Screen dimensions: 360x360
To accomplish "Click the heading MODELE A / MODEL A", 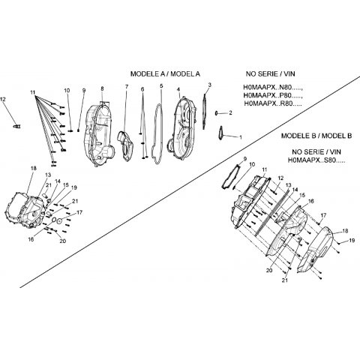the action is [x=165, y=74].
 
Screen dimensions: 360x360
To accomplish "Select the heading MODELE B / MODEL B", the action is [x=316, y=136].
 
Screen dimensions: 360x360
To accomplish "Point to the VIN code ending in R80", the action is [x=273, y=103].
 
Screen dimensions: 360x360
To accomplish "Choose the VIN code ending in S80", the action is [x=316, y=160].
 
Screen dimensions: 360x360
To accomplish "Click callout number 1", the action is [x=241, y=137].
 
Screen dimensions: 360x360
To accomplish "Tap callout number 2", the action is [x=230, y=113].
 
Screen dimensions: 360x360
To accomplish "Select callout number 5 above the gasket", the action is [x=161, y=86].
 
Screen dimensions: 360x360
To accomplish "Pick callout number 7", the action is [x=127, y=87].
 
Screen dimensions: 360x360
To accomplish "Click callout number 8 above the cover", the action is [x=102, y=88].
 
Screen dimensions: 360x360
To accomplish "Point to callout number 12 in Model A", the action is [x=3, y=99].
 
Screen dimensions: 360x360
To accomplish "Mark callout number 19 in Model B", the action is [x=352, y=241].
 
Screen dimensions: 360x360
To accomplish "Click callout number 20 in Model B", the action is [x=269, y=271].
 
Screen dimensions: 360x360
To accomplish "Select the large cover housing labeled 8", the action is [x=100, y=133].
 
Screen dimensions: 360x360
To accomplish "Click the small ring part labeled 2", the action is [x=216, y=113].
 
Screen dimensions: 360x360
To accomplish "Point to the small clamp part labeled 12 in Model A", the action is [x=17, y=126].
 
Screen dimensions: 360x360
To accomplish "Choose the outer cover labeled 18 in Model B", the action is [x=316, y=250].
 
